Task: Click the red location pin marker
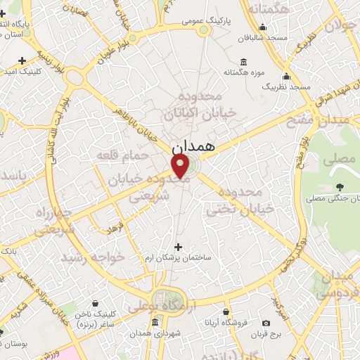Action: [181, 166]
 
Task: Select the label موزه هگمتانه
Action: [243, 72]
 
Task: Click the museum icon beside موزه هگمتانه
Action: [243, 60]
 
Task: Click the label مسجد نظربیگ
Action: [286, 86]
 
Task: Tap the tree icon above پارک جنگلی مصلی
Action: [340, 187]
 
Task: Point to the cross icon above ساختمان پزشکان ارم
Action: [178, 246]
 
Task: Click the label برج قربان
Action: [268, 335]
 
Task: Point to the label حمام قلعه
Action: [146, 155]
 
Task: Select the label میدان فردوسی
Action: [340, 283]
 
